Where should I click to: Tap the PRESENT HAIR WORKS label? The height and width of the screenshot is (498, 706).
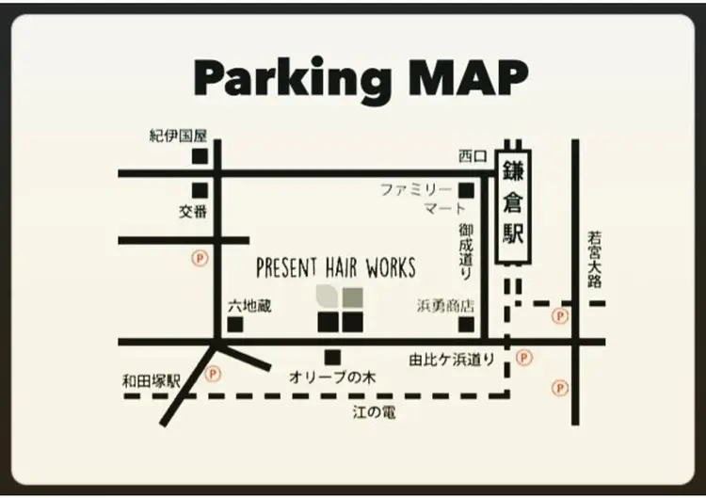336,268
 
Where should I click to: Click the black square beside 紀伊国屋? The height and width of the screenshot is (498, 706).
199,156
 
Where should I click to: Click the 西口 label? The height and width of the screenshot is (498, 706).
473,156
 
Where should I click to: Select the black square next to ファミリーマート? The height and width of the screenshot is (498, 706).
466,191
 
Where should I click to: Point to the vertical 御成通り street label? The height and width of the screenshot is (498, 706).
466,251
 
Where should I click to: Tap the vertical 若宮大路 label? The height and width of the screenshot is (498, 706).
594,260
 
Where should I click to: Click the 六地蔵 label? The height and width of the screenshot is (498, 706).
249,307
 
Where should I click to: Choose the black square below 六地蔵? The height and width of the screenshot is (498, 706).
234,325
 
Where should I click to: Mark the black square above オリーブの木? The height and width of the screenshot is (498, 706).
331,357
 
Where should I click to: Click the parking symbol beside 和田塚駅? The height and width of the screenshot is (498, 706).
213,375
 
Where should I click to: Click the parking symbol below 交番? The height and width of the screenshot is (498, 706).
199,255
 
